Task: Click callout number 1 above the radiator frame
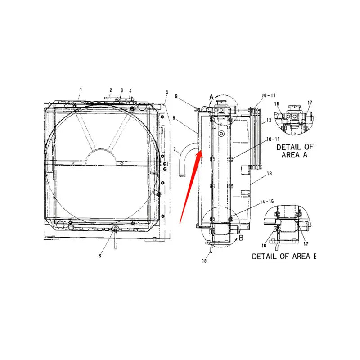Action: (81, 90)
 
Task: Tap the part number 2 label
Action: (111, 90)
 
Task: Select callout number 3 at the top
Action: (121, 90)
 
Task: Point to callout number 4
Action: (130, 90)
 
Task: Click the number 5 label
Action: (166, 92)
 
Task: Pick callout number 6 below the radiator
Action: (100, 256)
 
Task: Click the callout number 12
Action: (269, 120)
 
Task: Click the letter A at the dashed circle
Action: (211, 96)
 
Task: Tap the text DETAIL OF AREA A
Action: (294, 151)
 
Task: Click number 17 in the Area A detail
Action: (310, 103)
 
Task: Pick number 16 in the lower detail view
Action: (265, 245)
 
